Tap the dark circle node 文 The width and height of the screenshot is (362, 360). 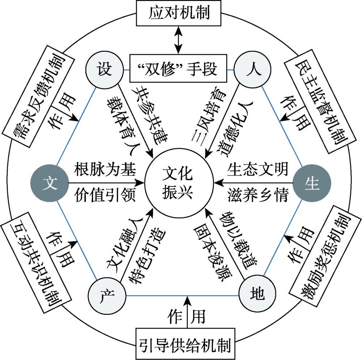pyautogui.click(x=50, y=183)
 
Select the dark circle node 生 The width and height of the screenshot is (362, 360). pyautogui.click(x=311, y=183)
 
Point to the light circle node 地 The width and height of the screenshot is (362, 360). pyautogui.click(x=257, y=296)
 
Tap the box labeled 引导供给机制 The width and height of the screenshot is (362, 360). pyautogui.click(x=185, y=342)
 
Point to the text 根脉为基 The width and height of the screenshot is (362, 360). pyautogui.click(x=105, y=169)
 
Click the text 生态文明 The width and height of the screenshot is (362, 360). pyautogui.click(x=258, y=169)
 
